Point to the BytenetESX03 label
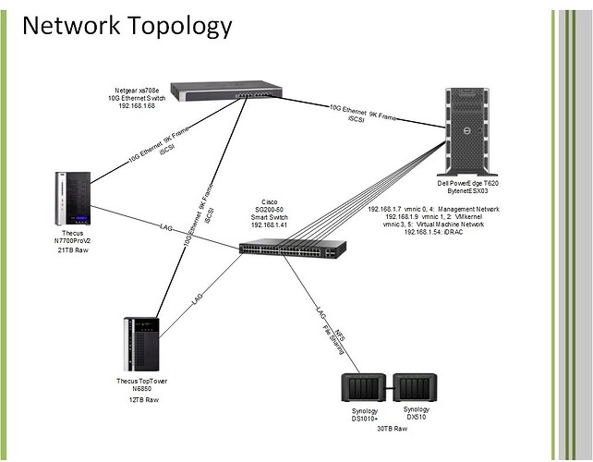(474, 192)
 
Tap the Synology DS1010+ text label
(362, 415)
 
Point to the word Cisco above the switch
(269, 201)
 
